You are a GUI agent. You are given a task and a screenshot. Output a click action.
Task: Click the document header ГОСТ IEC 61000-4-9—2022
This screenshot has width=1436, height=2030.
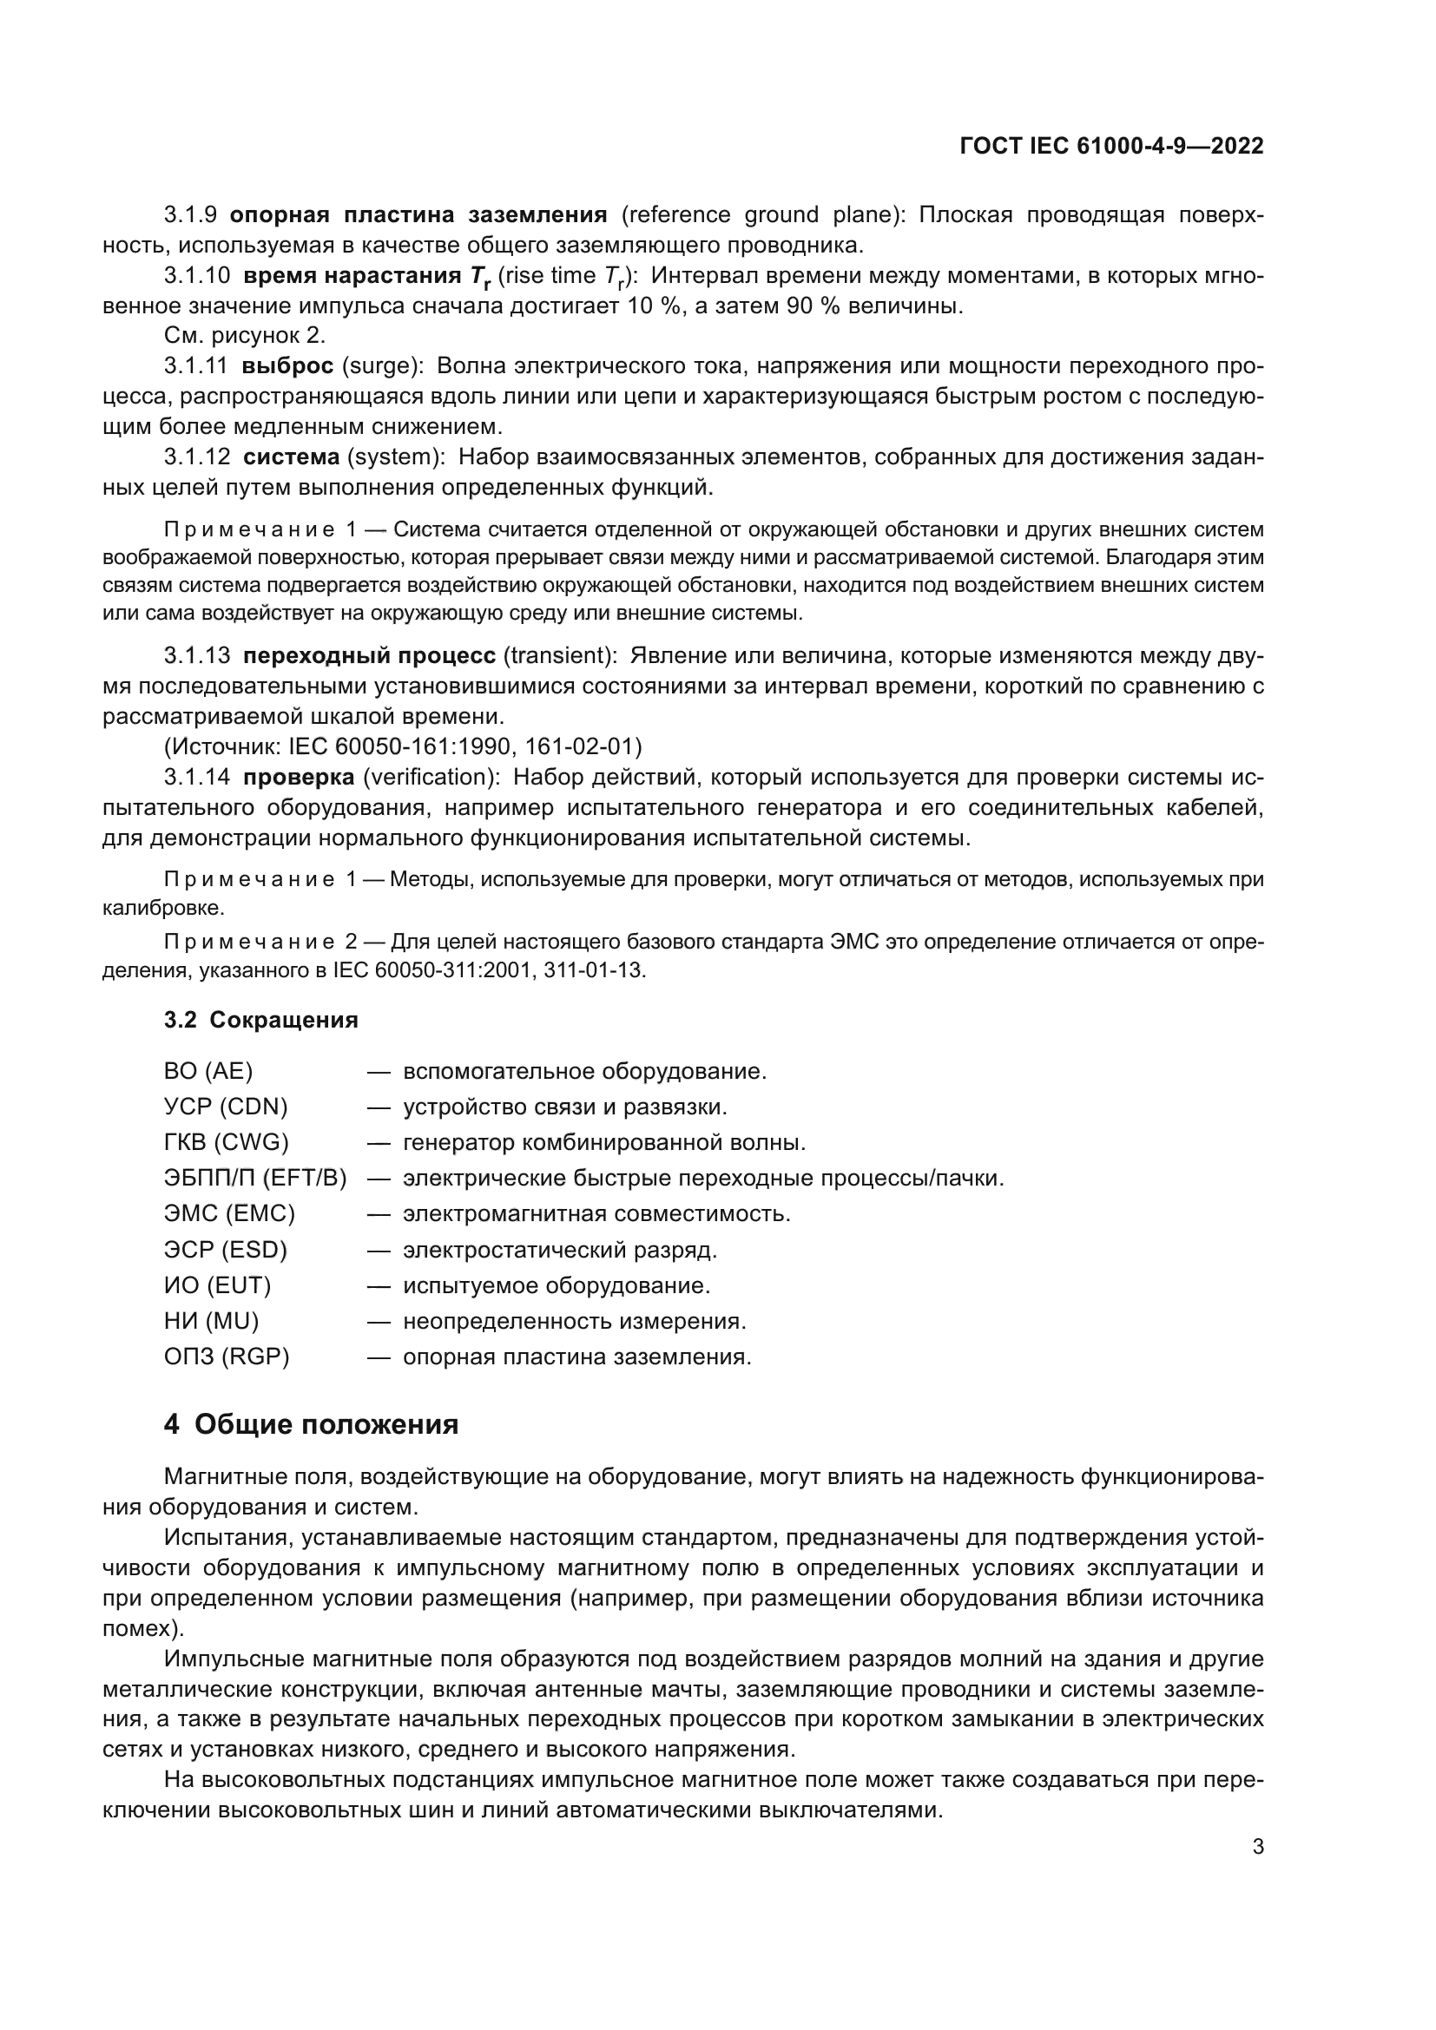coord(1110,146)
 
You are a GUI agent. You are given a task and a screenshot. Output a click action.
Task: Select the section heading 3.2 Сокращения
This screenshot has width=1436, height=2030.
coord(260,1020)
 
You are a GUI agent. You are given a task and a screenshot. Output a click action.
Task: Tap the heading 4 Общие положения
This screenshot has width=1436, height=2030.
coord(312,1424)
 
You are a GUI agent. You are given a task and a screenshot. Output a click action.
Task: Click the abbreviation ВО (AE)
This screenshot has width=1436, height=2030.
coord(207,1071)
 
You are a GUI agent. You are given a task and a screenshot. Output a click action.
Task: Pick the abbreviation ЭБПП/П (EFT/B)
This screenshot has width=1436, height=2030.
coord(254,1178)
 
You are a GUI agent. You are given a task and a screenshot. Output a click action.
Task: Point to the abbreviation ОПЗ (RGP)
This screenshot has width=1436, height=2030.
coord(227,1357)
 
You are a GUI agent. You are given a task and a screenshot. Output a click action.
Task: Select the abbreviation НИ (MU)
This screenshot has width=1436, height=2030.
coord(211,1321)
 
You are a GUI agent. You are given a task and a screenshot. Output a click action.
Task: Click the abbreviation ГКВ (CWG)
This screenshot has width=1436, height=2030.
coord(227,1142)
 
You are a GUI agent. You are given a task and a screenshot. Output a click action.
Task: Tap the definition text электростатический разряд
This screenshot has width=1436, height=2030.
coord(560,1250)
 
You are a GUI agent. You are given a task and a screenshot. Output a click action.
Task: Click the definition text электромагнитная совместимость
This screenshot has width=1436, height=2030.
coord(596,1213)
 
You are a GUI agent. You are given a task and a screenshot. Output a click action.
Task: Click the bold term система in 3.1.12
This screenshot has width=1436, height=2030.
coord(291,457)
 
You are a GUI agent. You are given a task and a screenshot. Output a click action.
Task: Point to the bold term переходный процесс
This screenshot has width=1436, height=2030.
coord(369,655)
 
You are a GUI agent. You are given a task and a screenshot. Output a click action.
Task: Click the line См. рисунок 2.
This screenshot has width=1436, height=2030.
coord(245,335)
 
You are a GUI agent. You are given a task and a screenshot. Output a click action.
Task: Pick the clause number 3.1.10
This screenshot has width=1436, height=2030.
coord(196,276)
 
